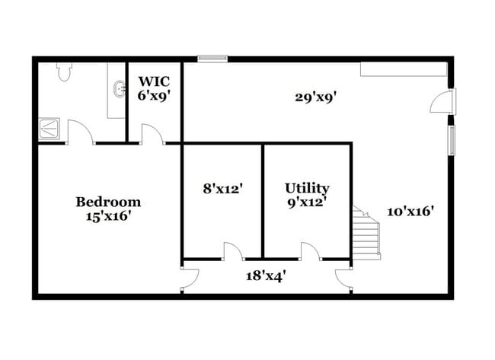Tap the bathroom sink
(119, 91)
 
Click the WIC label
(154, 81)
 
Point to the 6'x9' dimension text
(154, 95)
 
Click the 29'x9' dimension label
(316, 97)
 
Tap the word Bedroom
(108, 202)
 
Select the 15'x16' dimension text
(108, 216)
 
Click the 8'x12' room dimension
(222, 187)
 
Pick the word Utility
(307, 188)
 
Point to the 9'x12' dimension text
(307, 202)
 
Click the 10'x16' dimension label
(410, 212)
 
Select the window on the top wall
(213, 57)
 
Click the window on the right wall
(452, 141)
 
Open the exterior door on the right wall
(444, 102)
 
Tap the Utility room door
(311, 250)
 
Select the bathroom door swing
(81, 132)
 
